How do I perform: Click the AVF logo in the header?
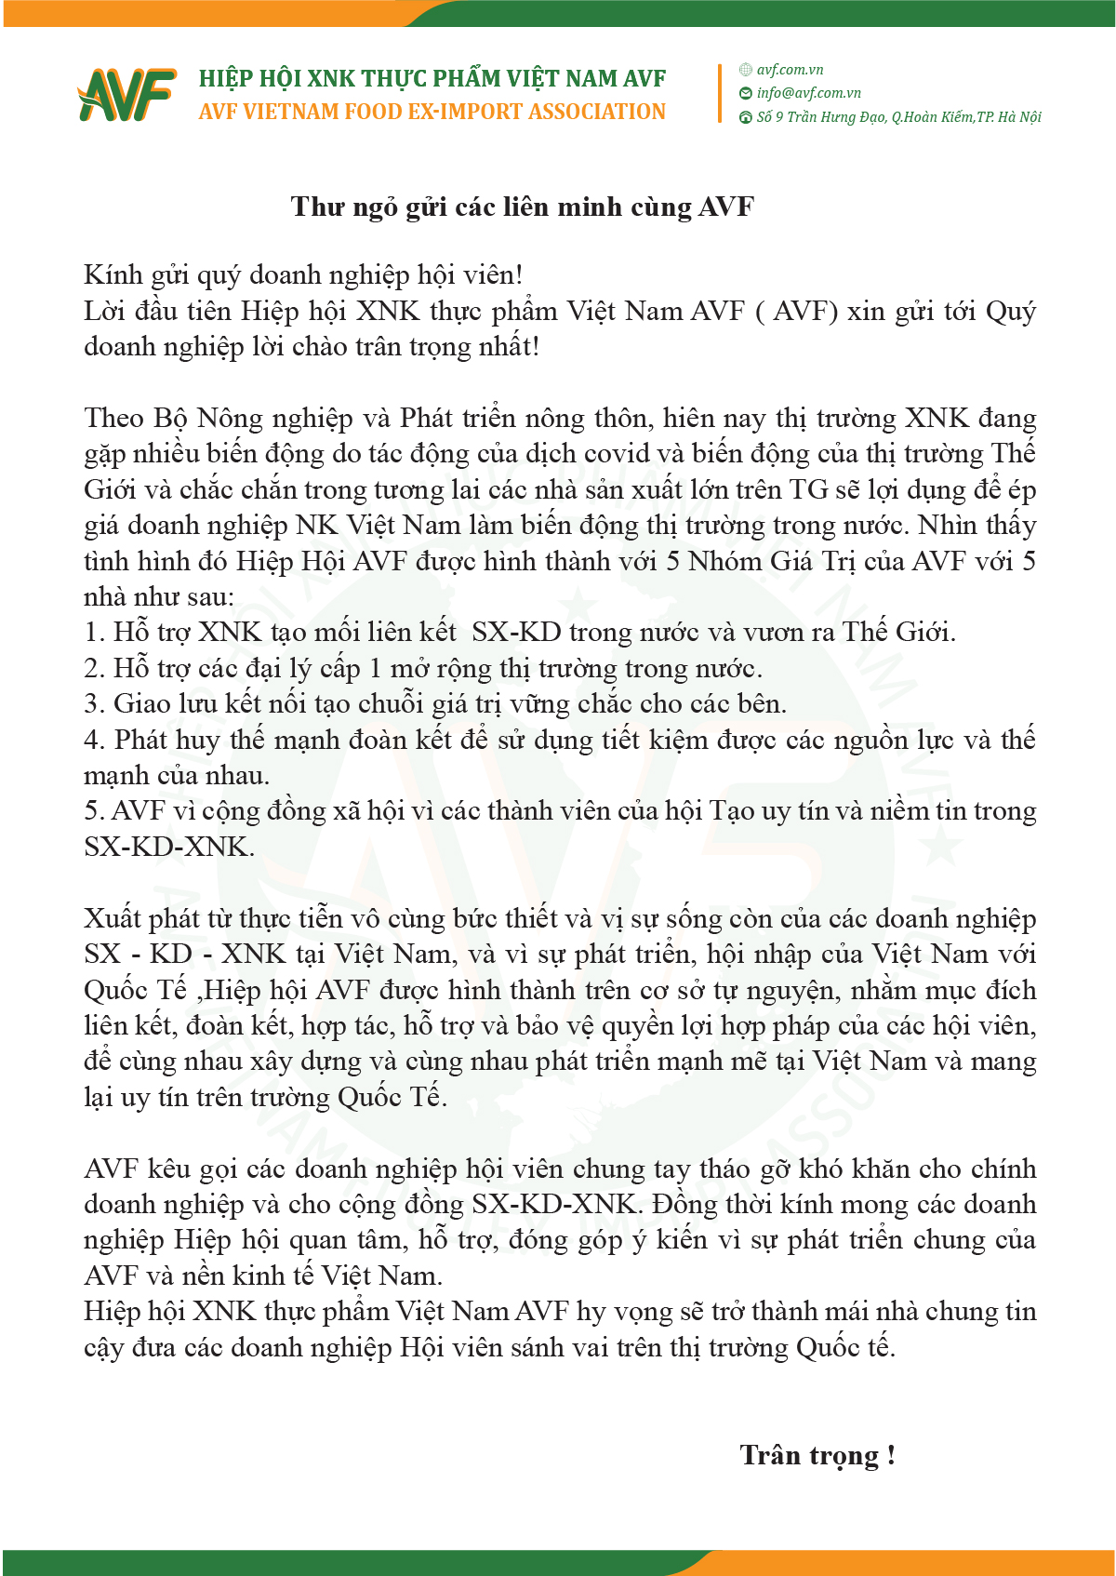coord(126,94)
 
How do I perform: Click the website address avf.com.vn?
coord(790,70)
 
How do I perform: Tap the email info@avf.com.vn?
coord(808,93)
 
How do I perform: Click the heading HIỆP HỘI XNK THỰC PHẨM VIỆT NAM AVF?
coord(432,79)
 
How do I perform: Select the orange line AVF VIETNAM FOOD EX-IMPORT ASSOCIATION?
coord(432,113)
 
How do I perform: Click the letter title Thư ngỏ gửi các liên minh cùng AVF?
coord(522,207)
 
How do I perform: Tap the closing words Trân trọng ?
coord(817,1455)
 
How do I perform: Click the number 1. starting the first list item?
coord(94,634)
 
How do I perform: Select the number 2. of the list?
coord(94,669)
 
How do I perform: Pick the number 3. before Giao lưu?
coord(94,704)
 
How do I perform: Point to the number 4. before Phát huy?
coord(94,741)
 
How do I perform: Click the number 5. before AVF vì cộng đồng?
coord(94,811)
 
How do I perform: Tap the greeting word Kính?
coord(112,275)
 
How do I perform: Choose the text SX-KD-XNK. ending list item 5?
coord(168,848)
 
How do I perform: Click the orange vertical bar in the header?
coord(720,93)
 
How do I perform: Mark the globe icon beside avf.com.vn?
coord(745,70)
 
